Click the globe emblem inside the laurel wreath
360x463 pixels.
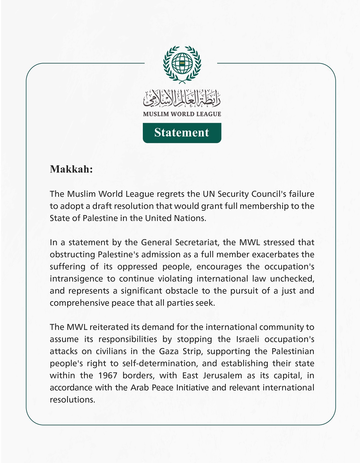[x=182, y=63]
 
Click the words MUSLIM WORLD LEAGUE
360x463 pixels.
[x=182, y=114]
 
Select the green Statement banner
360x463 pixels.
[x=182, y=133]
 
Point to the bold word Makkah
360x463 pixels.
[x=71, y=169]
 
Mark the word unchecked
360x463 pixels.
[x=292, y=279]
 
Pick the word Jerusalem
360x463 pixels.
[x=222, y=376]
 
